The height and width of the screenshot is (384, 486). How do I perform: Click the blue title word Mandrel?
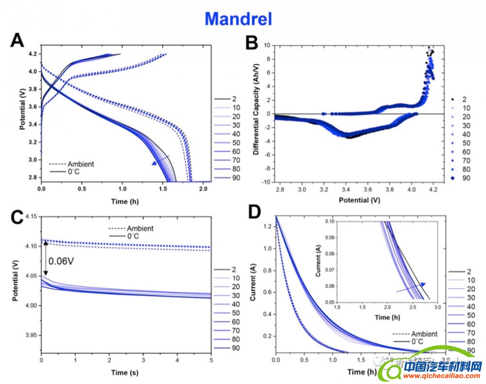238,18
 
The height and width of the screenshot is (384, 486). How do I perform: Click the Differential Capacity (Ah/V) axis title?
256,113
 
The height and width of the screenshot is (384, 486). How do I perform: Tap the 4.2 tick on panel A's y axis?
33,54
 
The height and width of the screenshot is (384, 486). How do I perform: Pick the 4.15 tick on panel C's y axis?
30,216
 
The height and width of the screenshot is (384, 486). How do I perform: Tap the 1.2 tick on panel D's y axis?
267,227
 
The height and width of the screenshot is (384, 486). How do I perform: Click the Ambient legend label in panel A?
81,164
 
